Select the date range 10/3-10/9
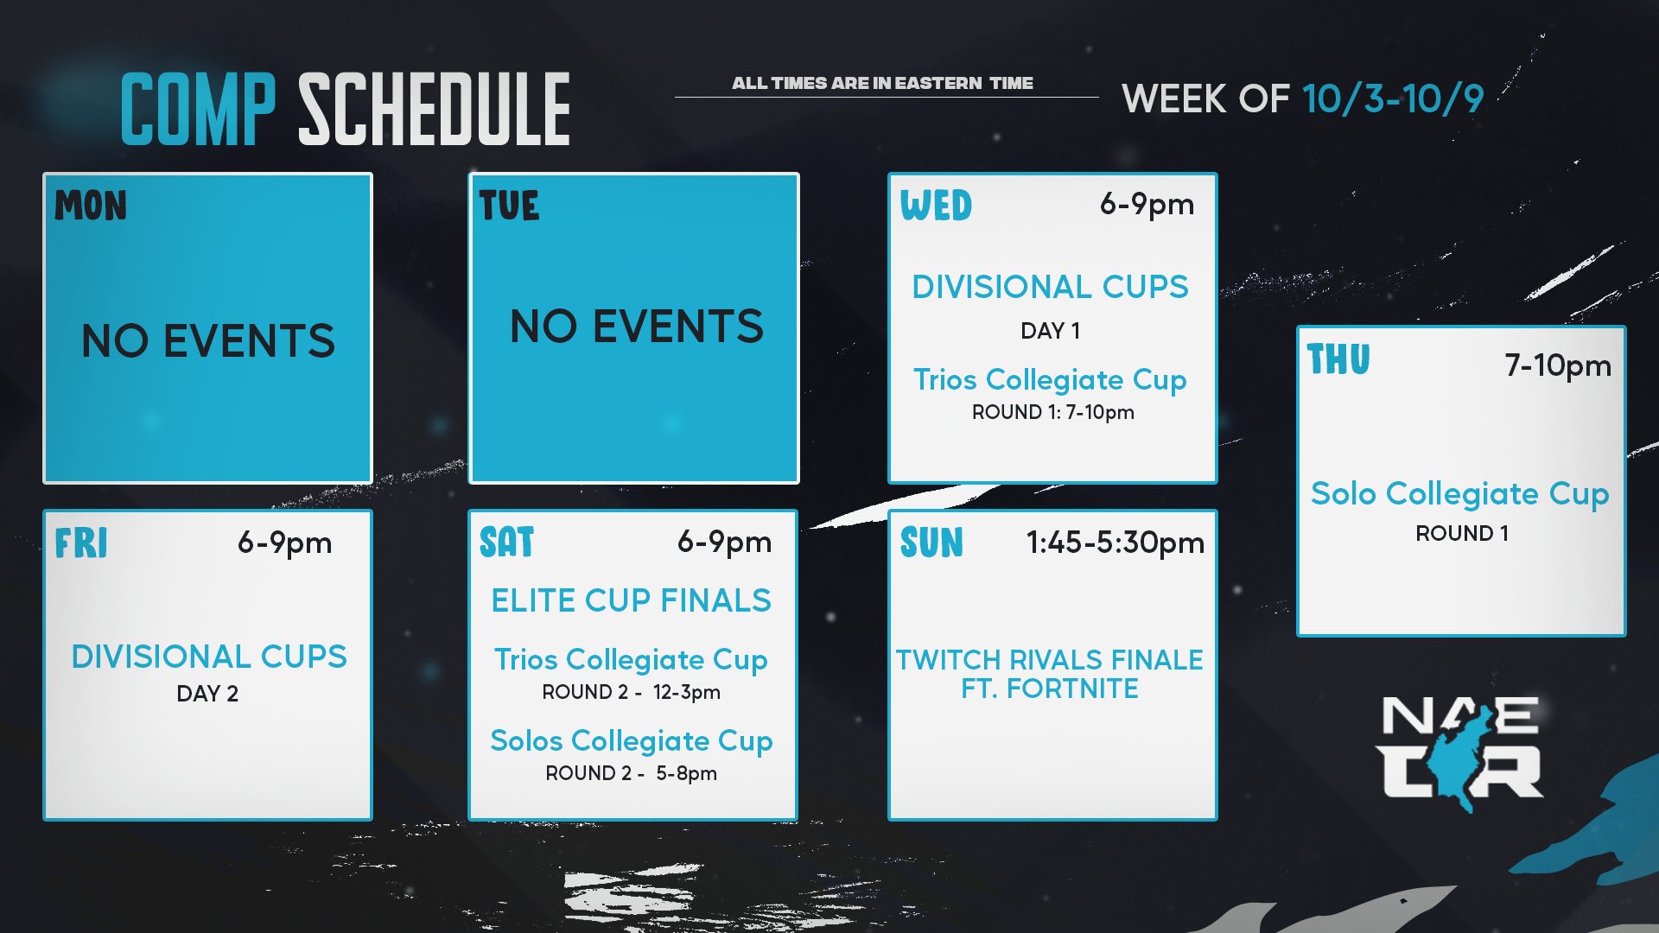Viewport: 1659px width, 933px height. pyautogui.click(x=1392, y=99)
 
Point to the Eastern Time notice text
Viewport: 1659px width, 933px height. pyautogui.click(x=882, y=83)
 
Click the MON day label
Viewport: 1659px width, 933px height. pyautogui.click(x=91, y=206)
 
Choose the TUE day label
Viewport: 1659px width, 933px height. pyautogui.click(x=509, y=206)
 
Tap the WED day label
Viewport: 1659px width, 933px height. pyautogui.click(x=936, y=206)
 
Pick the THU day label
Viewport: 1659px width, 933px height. pyautogui.click(x=1338, y=360)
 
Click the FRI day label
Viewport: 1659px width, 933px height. pyautogui.click(x=81, y=543)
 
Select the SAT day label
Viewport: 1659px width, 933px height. pyautogui.click(x=507, y=543)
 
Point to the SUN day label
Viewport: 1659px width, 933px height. pyautogui.click(x=931, y=543)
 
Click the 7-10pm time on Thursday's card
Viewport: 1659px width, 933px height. pyautogui.click(x=1558, y=365)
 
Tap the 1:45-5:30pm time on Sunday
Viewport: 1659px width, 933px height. pyautogui.click(x=1115, y=543)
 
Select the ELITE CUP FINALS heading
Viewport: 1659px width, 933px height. pyautogui.click(x=631, y=600)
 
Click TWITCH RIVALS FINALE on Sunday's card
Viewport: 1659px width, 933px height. pyautogui.click(x=1049, y=660)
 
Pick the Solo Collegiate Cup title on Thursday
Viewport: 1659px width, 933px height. pyautogui.click(x=1459, y=494)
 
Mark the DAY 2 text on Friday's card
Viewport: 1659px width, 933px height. pyautogui.click(x=207, y=694)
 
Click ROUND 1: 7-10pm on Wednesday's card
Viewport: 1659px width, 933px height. pyautogui.click(x=1052, y=412)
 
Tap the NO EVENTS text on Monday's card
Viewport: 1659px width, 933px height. pyautogui.click(x=207, y=340)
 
